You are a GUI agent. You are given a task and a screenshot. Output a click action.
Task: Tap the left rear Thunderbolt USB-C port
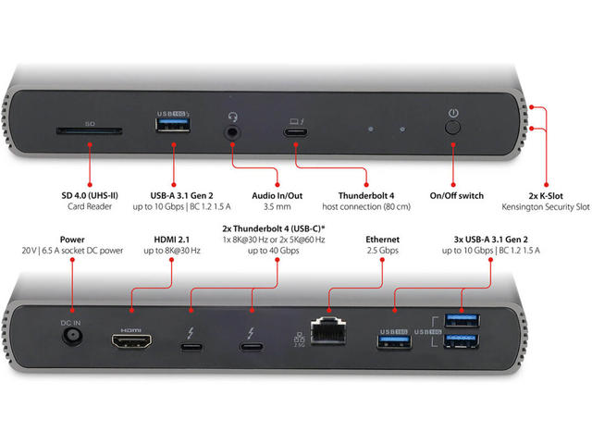point(191,348)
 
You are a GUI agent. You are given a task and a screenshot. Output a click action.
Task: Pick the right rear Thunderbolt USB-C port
point(252,348)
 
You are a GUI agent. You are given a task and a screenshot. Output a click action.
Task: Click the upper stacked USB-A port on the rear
point(460,321)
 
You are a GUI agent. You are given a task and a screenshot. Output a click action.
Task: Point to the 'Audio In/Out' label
point(277,196)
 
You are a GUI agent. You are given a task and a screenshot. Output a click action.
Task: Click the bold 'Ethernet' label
point(383,238)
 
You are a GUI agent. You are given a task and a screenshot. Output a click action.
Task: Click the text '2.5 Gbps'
point(383,250)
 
